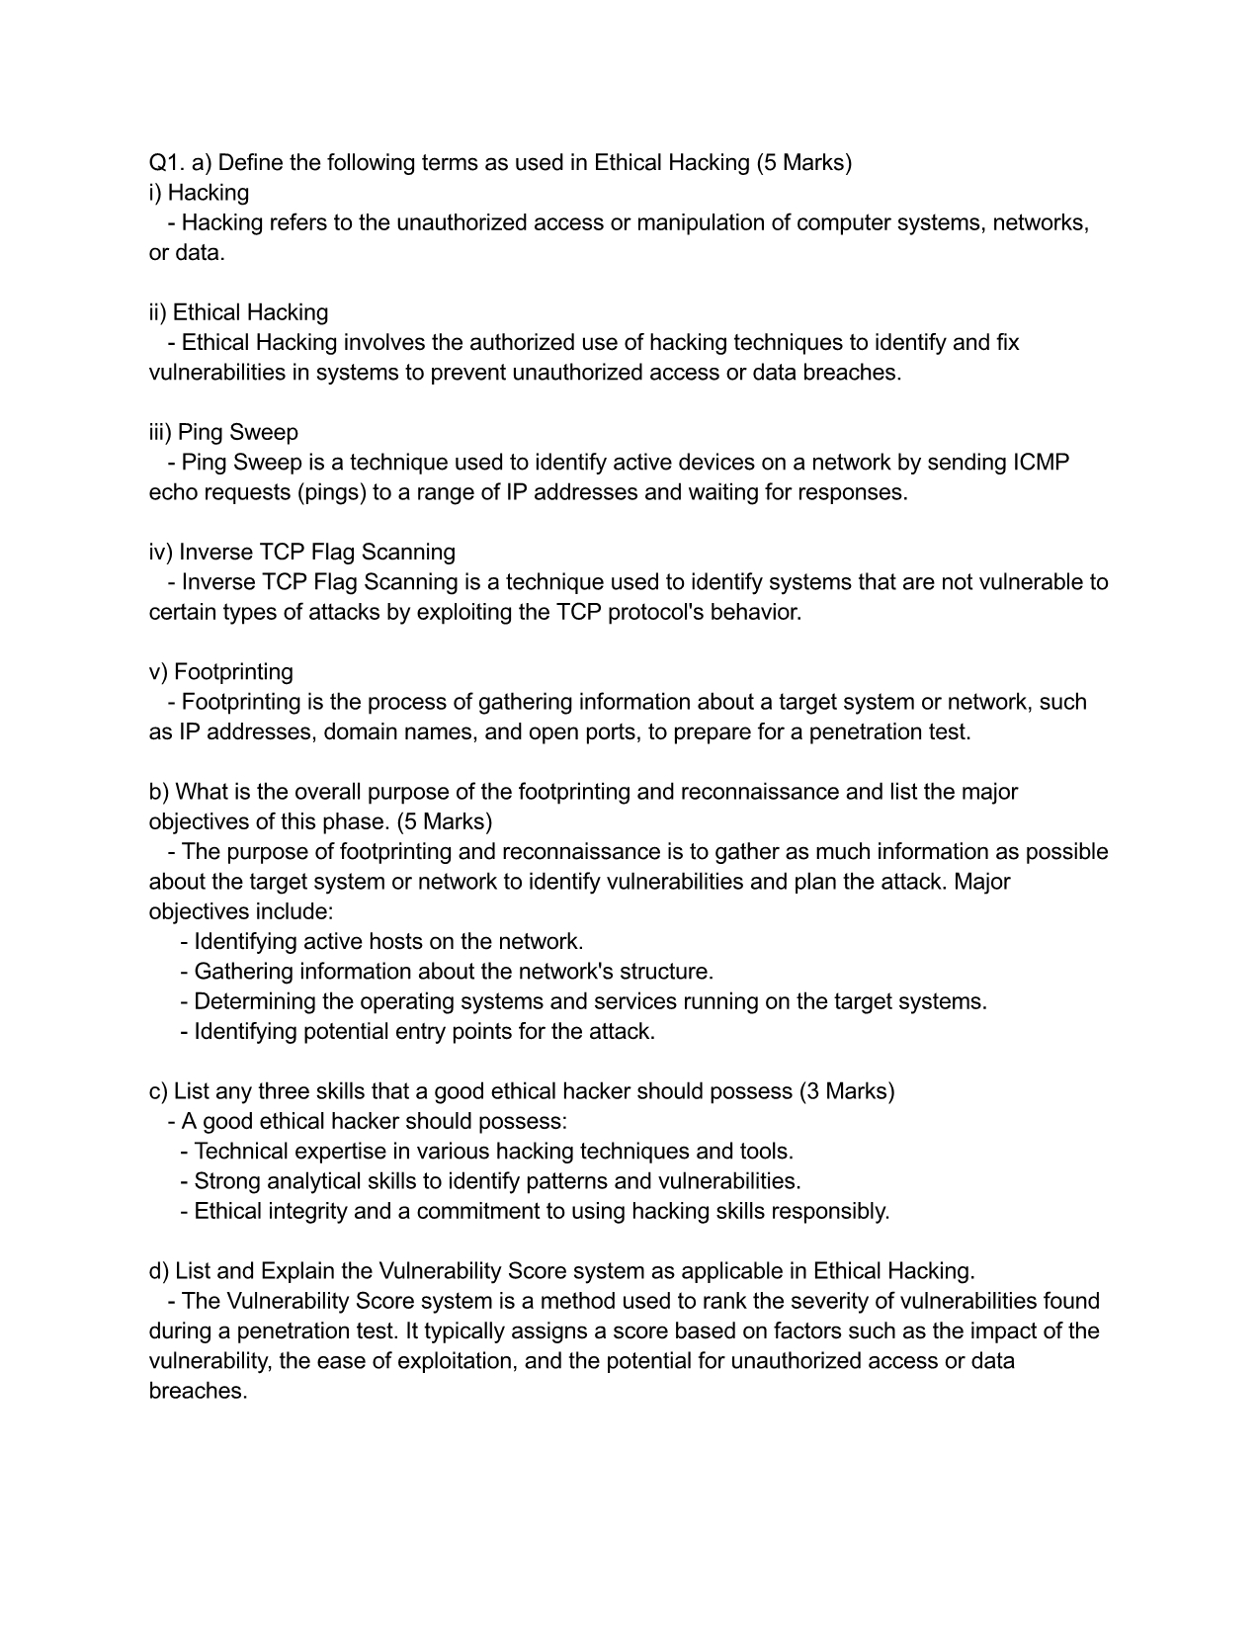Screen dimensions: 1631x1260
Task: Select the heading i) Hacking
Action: tap(199, 192)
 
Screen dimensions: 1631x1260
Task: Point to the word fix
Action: tap(1008, 342)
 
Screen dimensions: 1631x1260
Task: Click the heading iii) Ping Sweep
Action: tap(223, 432)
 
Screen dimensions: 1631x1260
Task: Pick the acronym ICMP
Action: tap(1042, 462)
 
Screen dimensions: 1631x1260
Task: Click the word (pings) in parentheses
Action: tap(331, 492)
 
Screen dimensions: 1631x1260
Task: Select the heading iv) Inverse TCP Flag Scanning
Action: tap(302, 552)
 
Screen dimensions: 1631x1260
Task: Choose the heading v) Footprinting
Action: tap(221, 671)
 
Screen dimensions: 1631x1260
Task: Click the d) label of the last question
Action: tap(158, 1271)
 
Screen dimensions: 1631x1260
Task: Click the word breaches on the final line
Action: tap(197, 1391)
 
